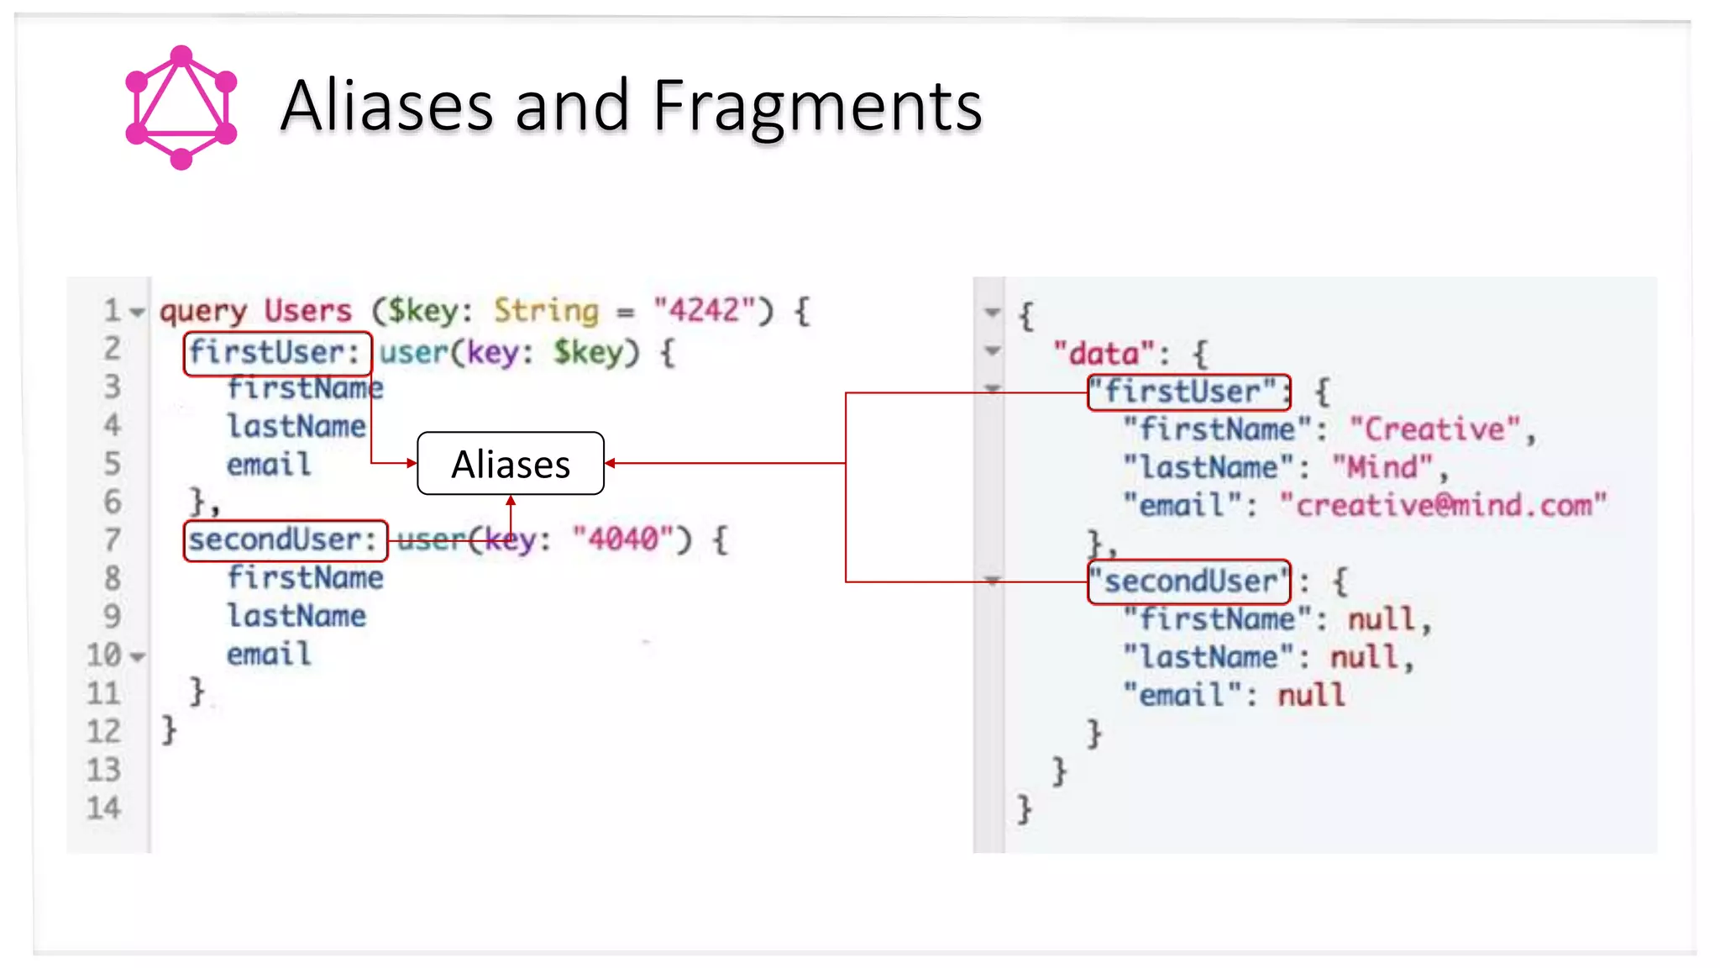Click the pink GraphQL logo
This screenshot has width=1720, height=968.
point(181,108)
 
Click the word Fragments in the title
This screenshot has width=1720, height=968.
point(816,106)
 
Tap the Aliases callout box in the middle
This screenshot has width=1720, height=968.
point(511,464)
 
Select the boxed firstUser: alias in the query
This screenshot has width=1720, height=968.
point(277,353)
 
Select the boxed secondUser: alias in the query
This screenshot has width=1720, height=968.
point(285,540)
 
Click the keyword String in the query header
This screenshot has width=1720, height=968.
point(546,311)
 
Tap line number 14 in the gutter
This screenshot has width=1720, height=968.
point(104,808)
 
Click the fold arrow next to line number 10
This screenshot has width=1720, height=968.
point(139,656)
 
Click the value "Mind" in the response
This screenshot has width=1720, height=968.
point(1382,467)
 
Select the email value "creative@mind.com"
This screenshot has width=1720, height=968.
point(1442,506)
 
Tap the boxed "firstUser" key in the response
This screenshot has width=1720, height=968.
point(1188,392)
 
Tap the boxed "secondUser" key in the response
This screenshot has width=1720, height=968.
point(1188,581)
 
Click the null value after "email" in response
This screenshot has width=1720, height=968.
point(1311,696)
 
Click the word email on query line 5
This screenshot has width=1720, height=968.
point(269,465)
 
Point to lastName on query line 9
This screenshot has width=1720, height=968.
point(296,617)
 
